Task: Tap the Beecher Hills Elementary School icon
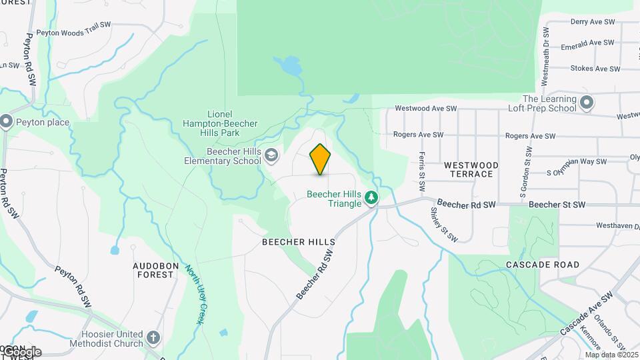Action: [x=271, y=156]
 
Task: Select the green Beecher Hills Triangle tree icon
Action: [x=371, y=197]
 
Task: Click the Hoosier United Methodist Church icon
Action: [x=154, y=338]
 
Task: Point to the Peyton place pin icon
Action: [x=7, y=121]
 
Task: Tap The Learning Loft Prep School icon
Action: [x=586, y=103]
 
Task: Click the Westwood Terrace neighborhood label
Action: [x=471, y=169]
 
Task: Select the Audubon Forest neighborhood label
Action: [x=156, y=270]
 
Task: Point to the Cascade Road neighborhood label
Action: [x=542, y=265]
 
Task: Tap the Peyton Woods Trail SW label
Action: [x=73, y=31]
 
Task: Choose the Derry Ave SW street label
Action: [x=593, y=22]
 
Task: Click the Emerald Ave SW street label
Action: [x=587, y=43]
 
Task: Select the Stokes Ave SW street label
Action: [x=595, y=69]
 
